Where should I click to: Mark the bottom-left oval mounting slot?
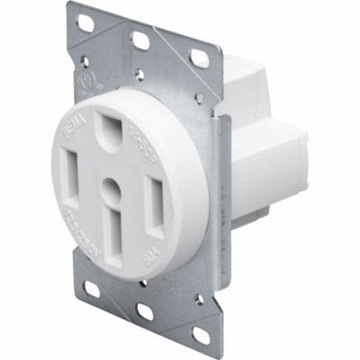point(92,289)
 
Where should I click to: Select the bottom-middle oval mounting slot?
point(144,310)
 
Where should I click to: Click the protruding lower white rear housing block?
point(270,166)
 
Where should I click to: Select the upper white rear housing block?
point(247,85)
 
